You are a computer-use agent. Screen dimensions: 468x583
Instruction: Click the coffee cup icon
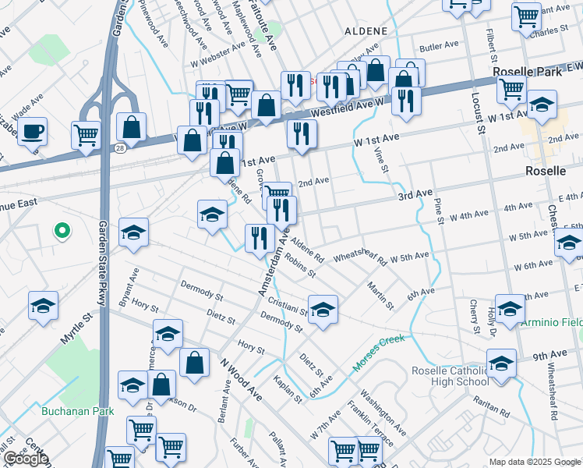point(32,131)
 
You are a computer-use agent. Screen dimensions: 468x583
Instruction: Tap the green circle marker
point(62,231)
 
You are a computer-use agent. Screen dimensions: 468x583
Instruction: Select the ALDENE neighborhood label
point(366,30)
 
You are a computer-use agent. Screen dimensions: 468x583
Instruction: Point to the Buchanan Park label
point(77,411)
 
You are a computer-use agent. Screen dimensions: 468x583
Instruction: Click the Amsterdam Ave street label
point(274,261)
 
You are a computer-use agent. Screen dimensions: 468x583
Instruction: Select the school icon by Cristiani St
point(323,308)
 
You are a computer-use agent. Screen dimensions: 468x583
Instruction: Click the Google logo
point(26,459)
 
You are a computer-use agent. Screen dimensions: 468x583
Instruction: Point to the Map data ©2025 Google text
point(535,462)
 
